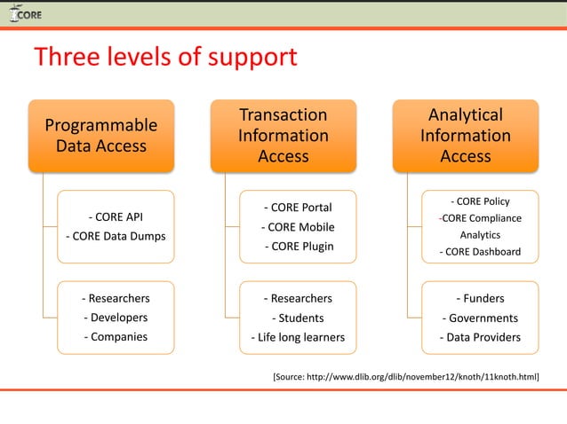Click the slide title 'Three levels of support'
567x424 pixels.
click(165, 58)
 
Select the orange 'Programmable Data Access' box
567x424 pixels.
click(101, 135)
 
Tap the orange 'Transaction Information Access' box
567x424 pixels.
click(283, 135)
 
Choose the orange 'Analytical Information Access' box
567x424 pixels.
click(465, 135)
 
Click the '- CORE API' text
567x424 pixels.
click(116, 216)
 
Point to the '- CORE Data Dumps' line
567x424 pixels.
click(116, 236)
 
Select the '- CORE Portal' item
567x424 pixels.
click(297, 208)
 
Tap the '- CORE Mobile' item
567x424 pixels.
click(297, 227)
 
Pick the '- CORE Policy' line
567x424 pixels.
click(480, 201)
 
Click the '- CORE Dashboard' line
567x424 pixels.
click(480, 253)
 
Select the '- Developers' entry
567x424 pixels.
click(116, 318)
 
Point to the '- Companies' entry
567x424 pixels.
click(116, 336)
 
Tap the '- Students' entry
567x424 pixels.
click(297, 318)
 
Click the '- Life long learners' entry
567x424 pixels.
click(297, 337)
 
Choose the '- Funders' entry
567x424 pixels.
click(480, 299)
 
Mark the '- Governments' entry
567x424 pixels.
click(480, 318)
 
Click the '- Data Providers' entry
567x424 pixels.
click(480, 337)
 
